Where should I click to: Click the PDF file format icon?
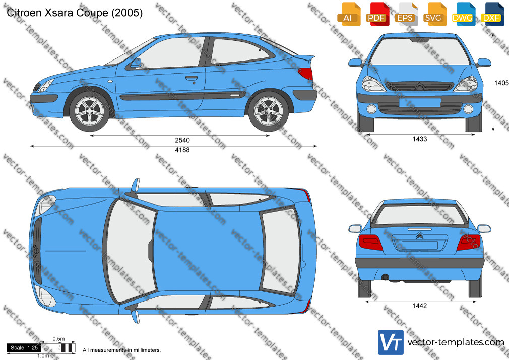click(376, 14)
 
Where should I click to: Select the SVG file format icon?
click(434, 14)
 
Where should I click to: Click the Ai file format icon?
click(348, 14)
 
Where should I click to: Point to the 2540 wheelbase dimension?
click(182, 140)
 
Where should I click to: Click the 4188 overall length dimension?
click(182, 150)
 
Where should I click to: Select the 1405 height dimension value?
click(501, 83)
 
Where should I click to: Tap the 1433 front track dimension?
click(420, 139)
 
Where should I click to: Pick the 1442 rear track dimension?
click(420, 306)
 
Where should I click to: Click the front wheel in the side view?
click(89, 111)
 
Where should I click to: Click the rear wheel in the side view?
click(269, 111)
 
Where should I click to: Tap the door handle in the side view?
click(192, 78)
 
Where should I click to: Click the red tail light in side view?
click(306, 74)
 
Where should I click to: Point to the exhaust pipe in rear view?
click(385, 277)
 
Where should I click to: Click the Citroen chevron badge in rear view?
click(419, 235)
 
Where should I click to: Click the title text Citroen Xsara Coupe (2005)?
click(75, 13)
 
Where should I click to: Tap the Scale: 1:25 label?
click(24, 348)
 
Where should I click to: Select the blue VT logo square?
click(391, 342)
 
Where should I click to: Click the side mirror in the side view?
click(136, 63)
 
